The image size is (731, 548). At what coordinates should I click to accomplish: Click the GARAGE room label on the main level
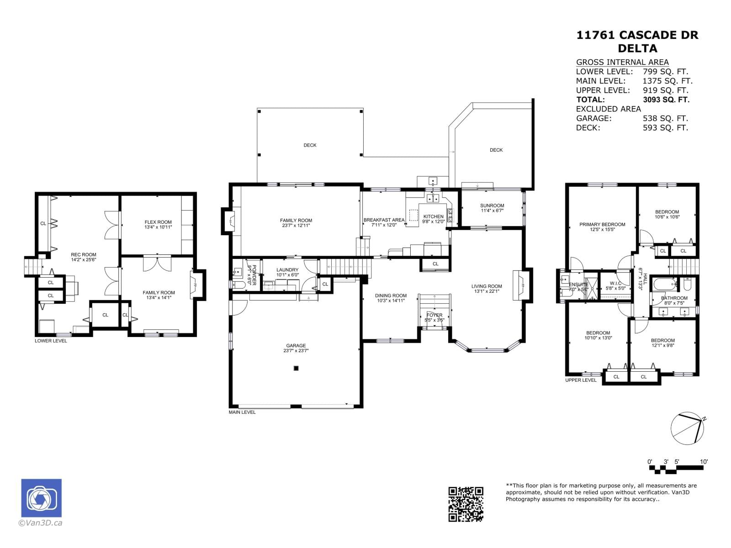tap(296, 346)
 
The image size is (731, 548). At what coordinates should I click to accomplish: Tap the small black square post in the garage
tap(296, 368)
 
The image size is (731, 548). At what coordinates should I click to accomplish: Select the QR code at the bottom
tap(466, 504)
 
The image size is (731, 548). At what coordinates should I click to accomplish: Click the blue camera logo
tap(41, 498)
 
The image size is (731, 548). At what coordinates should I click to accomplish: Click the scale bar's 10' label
tap(704, 462)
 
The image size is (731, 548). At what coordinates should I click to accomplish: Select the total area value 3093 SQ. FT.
tap(666, 100)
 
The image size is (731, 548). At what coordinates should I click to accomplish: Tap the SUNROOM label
tap(492, 205)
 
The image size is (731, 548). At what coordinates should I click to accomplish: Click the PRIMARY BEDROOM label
tap(602, 224)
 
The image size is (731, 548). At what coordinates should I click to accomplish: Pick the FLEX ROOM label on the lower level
tap(158, 222)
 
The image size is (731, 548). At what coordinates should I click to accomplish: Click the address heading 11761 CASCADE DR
tap(637, 35)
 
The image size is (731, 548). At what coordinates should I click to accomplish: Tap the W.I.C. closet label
tap(615, 284)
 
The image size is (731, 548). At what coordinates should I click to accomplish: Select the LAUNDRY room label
tap(287, 270)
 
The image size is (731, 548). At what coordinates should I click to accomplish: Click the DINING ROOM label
tap(391, 295)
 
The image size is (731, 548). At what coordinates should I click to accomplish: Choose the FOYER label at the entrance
tap(434, 315)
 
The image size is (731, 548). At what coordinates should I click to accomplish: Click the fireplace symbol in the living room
tap(520, 285)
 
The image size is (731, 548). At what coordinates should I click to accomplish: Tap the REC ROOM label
tap(83, 255)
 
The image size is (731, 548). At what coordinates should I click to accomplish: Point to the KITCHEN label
tap(433, 216)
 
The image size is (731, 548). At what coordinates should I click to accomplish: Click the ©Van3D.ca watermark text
tap(40, 523)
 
